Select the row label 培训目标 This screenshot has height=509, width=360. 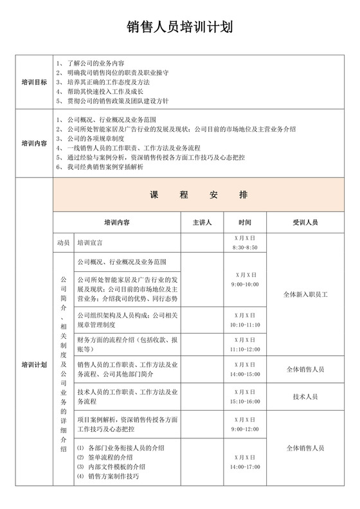pyautogui.click(x=34, y=83)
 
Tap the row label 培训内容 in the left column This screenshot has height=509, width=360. pyautogui.click(x=34, y=143)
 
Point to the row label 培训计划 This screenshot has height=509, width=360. pyautogui.click(x=34, y=365)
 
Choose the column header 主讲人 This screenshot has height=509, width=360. pyautogui.click(x=202, y=223)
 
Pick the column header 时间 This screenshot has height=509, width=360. pyautogui.click(x=244, y=223)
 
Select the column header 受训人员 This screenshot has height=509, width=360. pyautogui.click(x=305, y=223)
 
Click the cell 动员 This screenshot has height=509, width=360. pyautogui.click(x=62, y=244)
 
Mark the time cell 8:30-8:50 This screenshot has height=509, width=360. pyautogui.click(x=244, y=247)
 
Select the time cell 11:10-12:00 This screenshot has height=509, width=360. pyautogui.click(x=244, y=348)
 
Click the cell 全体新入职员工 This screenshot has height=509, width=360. pyautogui.click(x=305, y=294)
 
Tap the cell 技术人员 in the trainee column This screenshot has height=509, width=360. pyautogui.click(x=305, y=397)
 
